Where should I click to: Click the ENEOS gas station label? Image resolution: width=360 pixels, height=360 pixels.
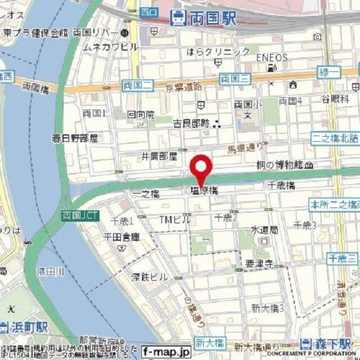(272, 57)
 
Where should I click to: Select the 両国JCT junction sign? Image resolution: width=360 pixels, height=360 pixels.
(79, 215)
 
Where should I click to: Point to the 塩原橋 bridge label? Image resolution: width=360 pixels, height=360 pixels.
(202, 191)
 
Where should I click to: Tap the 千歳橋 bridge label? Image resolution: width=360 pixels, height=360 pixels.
(281, 185)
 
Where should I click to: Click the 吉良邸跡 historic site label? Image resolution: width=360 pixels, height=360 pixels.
(191, 123)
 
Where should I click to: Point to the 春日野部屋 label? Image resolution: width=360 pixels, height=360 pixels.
(75, 138)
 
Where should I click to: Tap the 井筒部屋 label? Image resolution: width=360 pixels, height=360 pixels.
(160, 155)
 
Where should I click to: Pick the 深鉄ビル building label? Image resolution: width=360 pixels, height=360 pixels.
(150, 277)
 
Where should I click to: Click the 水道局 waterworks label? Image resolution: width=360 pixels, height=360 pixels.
(264, 229)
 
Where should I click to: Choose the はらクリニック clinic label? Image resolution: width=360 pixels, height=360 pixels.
(219, 52)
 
